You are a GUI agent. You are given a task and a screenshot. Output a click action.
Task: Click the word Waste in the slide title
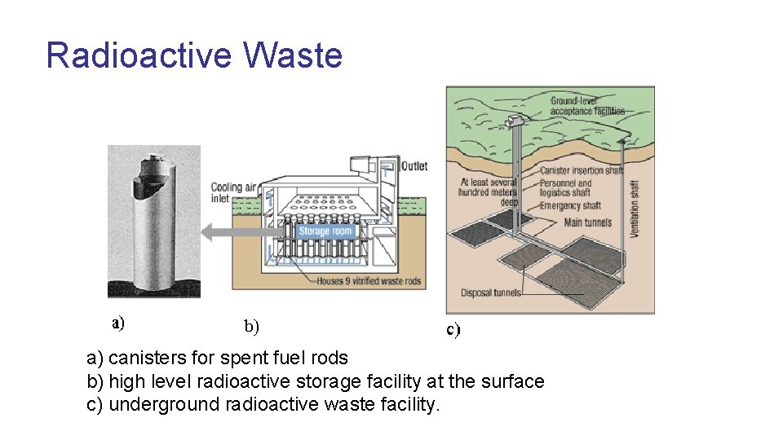tap(293, 55)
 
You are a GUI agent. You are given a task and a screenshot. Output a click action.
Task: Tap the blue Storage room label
tap(325, 231)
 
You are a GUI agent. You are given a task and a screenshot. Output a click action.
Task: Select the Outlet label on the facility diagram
tap(414, 166)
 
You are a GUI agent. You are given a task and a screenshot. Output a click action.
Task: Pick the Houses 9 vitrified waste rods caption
tap(369, 281)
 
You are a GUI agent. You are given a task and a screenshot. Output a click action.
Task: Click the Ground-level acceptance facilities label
tap(587, 105)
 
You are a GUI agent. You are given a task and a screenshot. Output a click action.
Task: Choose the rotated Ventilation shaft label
tap(635, 209)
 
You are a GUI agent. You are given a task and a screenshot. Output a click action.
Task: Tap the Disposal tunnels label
tap(491, 293)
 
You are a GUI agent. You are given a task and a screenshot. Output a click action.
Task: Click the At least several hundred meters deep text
tap(489, 192)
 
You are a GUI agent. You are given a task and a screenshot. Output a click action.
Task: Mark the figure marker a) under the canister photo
tap(118, 323)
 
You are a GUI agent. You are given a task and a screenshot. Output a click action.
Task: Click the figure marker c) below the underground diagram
tap(453, 330)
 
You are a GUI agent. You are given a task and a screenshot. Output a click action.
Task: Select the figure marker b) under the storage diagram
tap(251, 328)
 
